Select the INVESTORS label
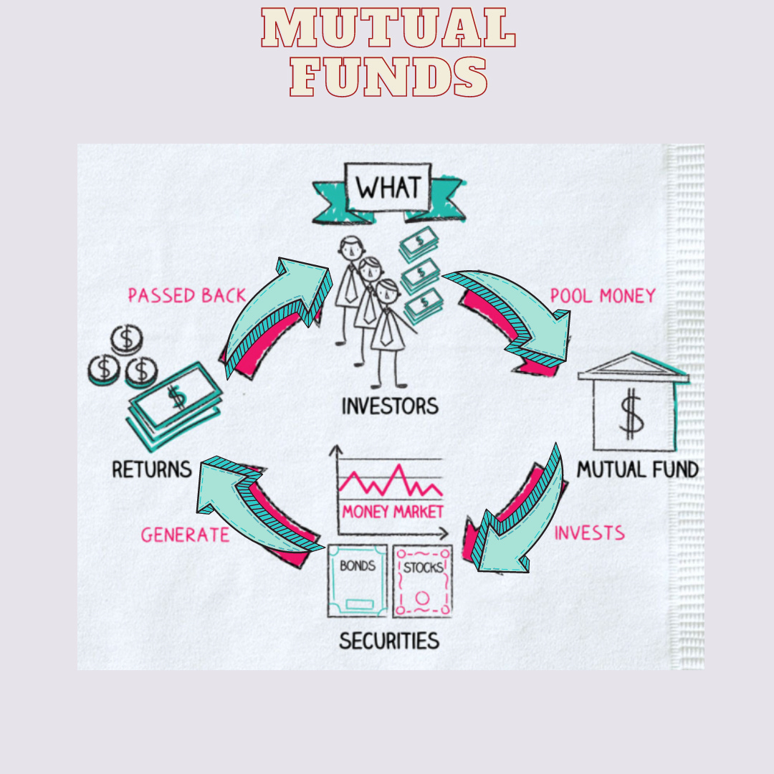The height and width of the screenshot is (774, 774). [x=389, y=406]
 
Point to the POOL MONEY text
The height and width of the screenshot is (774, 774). [x=602, y=295]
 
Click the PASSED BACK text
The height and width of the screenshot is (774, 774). [x=186, y=295]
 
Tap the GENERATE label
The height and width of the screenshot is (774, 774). [x=185, y=535]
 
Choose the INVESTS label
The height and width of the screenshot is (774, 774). [x=589, y=533]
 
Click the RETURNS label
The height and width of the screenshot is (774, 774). [x=151, y=469]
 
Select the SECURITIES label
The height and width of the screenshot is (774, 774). [x=389, y=640]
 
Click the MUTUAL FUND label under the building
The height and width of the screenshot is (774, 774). [x=637, y=470]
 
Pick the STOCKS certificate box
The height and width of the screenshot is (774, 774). [x=423, y=580]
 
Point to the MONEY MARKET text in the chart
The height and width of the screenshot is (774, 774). [x=392, y=512]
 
